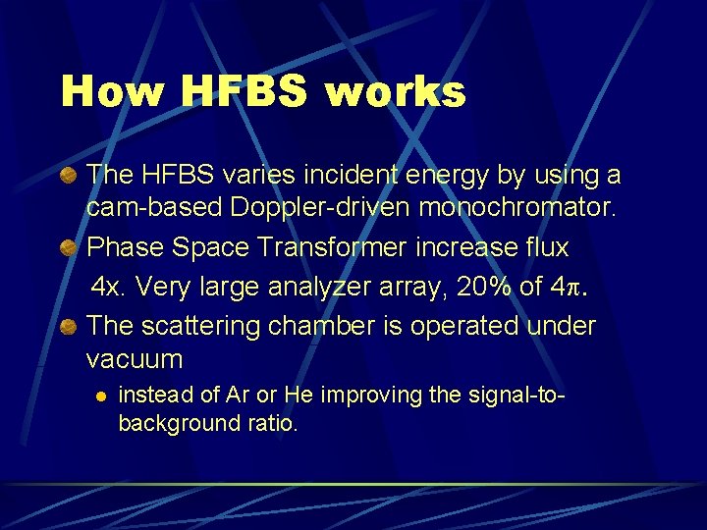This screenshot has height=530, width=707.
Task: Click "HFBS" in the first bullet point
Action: [169, 176]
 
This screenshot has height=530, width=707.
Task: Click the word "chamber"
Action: [310, 326]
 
